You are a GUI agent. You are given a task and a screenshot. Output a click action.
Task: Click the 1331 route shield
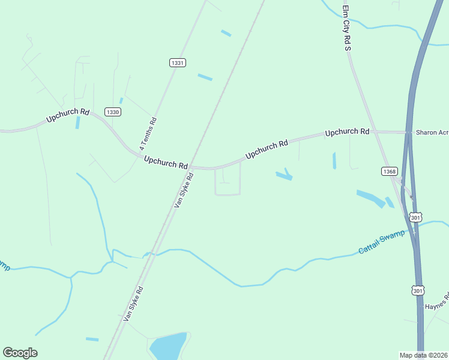coord(178,62)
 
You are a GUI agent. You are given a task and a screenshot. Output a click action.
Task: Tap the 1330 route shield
coord(112,112)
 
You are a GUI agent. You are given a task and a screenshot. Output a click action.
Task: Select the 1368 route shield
coord(389,172)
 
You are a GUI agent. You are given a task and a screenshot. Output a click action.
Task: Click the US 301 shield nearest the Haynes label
coord(418,290)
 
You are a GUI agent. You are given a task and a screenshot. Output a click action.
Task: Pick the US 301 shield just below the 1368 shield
coord(415,217)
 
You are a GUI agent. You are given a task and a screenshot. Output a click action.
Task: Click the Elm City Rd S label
coord(346,28)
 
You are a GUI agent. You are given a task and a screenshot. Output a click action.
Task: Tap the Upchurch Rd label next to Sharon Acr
coord(347,131)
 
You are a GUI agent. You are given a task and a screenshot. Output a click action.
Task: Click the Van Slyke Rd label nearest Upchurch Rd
coord(184,190)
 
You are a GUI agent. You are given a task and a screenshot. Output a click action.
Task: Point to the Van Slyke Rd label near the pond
coord(133,304)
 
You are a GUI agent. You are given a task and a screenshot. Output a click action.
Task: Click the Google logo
coord(20,353)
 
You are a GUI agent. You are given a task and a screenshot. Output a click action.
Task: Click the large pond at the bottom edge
coord(168,346)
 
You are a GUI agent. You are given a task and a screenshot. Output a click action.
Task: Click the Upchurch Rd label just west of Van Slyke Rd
coord(166,162)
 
